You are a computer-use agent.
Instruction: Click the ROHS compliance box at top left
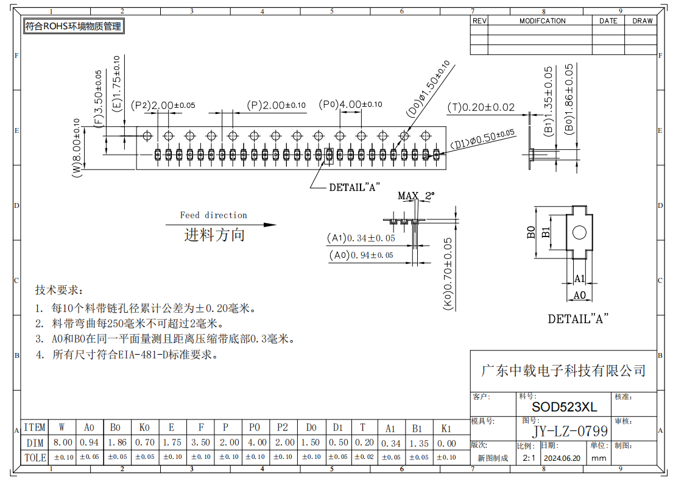(x=74, y=26)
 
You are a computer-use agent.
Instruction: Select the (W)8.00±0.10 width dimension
(x=76, y=148)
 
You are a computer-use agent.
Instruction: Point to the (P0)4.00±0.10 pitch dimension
(x=350, y=104)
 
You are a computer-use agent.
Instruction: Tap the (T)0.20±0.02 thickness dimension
(x=481, y=107)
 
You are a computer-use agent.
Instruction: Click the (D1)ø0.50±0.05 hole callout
(x=482, y=140)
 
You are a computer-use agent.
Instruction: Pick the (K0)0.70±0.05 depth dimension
(x=447, y=274)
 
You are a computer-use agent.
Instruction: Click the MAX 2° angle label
(x=416, y=196)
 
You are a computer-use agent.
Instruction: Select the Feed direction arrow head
(x=270, y=224)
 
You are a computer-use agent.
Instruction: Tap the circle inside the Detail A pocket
(x=579, y=232)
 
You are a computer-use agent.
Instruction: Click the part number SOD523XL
(x=565, y=407)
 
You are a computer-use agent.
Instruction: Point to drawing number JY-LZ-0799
(x=570, y=431)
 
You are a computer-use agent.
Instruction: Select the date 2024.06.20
(x=562, y=458)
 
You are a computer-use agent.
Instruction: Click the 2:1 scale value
(x=529, y=458)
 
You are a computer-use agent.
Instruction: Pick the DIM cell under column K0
(x=144, y=443)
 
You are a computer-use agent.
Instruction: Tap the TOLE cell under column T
(x=364, y=457)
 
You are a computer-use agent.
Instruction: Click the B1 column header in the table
(x=417, y=428)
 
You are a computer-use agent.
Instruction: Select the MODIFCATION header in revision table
(x=543, y=21)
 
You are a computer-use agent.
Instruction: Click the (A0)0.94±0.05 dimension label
(x=361, y=255)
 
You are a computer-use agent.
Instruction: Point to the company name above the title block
(x=563, y=371)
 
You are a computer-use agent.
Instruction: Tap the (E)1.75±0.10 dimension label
(x=116, y=84)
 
